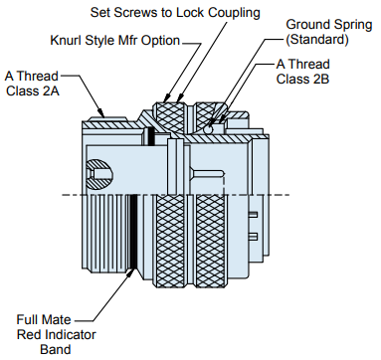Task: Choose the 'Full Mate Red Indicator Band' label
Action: [56, 334]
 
